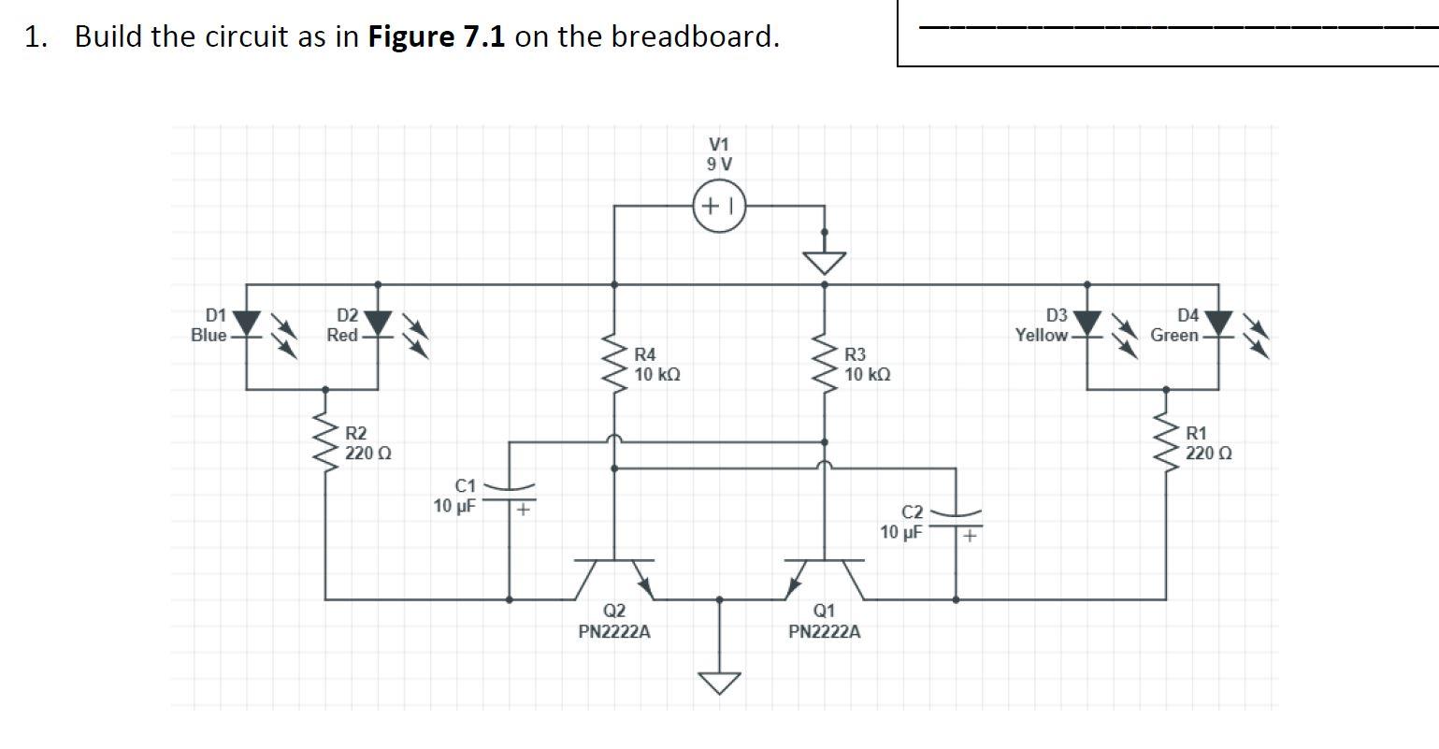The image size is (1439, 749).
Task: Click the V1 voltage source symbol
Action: (718, 206)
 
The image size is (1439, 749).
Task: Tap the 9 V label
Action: (719, 164)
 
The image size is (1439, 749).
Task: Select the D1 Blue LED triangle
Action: (247, 323)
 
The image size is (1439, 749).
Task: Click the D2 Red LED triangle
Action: (378, 323)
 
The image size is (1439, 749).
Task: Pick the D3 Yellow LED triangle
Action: (1086, 323)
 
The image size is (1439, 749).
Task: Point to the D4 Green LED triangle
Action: (1218, 323)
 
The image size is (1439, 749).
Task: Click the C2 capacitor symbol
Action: (956, 520)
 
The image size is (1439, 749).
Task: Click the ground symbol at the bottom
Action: (719, 682)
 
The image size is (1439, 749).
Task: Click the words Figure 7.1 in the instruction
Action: (437, 36)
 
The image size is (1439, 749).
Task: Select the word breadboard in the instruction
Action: (694, 36)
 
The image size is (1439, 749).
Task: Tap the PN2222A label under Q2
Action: (614, 632)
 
